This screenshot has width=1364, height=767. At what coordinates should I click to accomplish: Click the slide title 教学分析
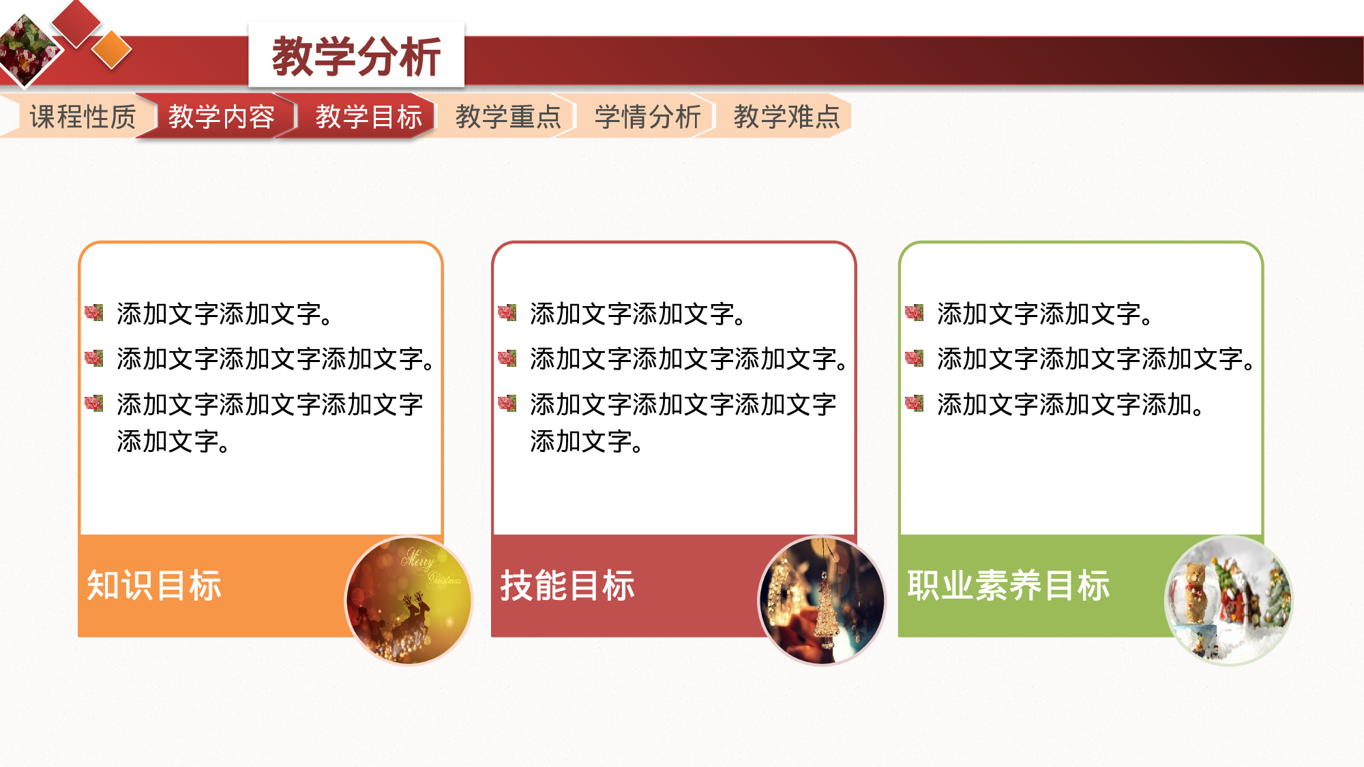tap(356, 57)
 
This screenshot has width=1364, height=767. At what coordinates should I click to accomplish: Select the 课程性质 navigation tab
tap(83, 117)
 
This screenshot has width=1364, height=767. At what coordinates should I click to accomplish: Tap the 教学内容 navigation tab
tap(221, 117)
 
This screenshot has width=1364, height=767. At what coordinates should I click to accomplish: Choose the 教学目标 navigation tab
tap(368, 117)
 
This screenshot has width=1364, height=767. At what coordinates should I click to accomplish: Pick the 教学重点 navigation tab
tap(507, 117)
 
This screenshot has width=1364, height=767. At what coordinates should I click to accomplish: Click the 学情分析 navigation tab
tap(647, 117)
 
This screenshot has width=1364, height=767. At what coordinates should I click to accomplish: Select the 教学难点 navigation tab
tap(786, 117)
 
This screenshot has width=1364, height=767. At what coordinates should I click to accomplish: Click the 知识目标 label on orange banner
tap(154, 585)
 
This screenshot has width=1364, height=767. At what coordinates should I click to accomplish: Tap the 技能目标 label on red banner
tap(567, 585)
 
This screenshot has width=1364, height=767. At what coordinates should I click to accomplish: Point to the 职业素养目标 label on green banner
tap(1008, 585)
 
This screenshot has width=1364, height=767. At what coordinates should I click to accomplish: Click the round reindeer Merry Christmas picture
tap(409, 600)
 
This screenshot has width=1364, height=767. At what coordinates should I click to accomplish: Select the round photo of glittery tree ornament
tap(822, 600)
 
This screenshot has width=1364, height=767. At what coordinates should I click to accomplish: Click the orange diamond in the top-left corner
tap(111, 50)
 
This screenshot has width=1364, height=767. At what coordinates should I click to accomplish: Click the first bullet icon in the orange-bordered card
tap(94, 313)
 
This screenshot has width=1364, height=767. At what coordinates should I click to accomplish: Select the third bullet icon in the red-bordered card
tap(507, 404)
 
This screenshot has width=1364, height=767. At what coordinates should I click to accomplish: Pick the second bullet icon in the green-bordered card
tap(914, 358)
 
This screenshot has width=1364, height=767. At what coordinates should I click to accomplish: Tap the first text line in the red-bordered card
tap(638, 314)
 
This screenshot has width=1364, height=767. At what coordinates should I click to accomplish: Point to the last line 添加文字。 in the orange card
tap(173, 441)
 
